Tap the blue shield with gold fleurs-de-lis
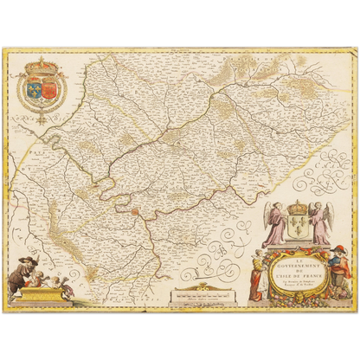click(33, 86)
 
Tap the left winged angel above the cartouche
click(276, 223)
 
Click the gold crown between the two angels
click(299, 208)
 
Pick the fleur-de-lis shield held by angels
click(299, 227)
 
